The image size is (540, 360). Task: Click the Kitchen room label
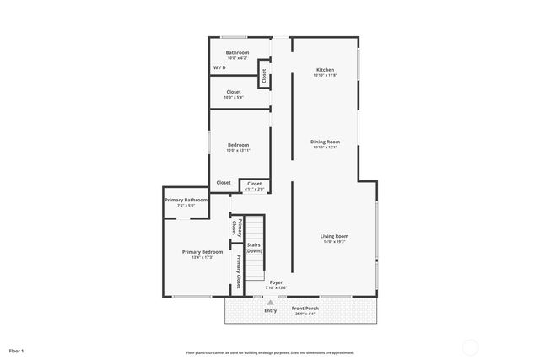(325, 70)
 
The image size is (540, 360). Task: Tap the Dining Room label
(325, 142)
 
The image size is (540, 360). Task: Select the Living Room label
(333, 236)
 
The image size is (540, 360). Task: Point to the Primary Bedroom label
(202, 252)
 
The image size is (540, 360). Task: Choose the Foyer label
(276, 282)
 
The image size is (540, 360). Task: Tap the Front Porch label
(305, 309)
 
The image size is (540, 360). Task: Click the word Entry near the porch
(270, 311)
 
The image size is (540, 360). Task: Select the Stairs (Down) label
(254, 248)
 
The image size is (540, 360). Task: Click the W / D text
(219, 67)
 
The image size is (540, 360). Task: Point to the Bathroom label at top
(237, 52)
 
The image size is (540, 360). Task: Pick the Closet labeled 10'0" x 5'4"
(234, 97)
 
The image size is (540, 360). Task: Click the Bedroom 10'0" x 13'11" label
(238, 150)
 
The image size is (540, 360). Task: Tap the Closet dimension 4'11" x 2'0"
(254, 189)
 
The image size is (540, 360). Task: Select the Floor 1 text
(17, 350)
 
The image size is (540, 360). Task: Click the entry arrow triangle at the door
(270, 302)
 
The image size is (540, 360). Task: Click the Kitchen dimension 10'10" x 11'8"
(325, 76)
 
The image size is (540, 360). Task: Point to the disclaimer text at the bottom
(270, 352)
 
